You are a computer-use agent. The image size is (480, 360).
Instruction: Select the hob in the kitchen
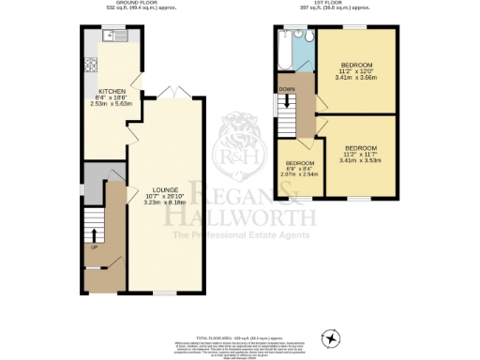pos(92,67)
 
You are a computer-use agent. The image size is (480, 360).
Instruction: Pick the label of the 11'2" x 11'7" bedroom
pos(360,148)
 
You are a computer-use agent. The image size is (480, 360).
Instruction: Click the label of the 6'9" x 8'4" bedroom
pos(300,163)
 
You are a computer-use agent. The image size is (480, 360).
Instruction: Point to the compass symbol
pos(329,337)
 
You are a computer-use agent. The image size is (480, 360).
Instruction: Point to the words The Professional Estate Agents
pos(239,246)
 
